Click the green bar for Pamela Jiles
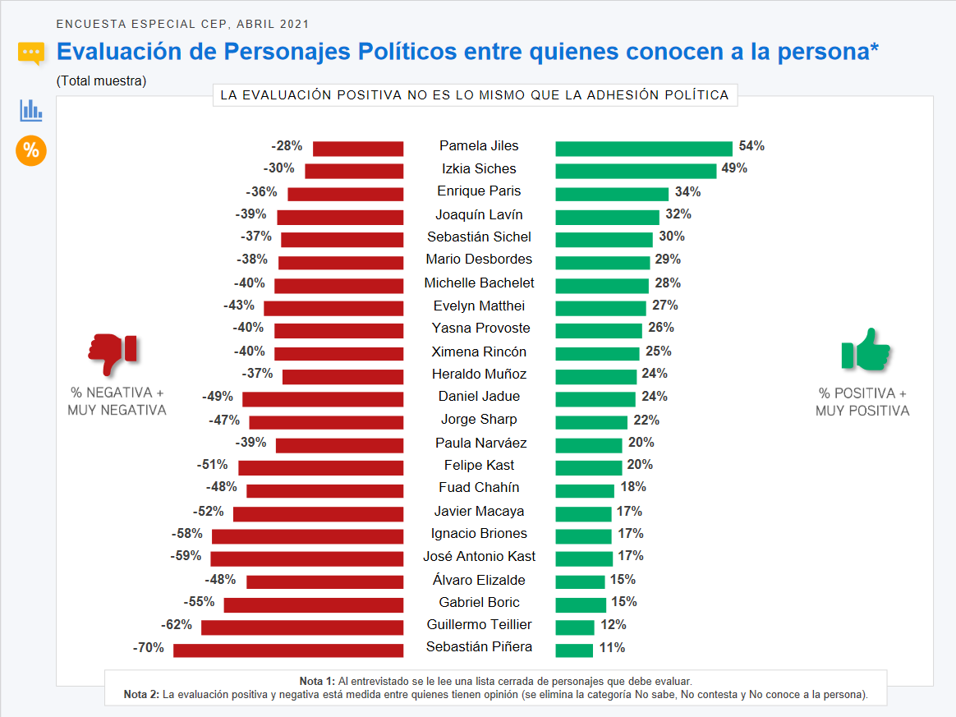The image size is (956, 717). pyautogui.click(x=643, y=149)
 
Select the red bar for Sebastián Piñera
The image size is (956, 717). pyautogui.click(x=288, y=650)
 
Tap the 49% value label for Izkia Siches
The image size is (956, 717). pyautogui.click(x=734, y=168)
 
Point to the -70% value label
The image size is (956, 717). pyautogui.click(x=149, y=648)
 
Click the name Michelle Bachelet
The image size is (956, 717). pyautogui.click(x=479, y=283)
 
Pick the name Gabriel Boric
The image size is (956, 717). pyautogui.click(x=479, y=602)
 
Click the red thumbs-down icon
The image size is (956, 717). pyautogui.click(x=113, y=353)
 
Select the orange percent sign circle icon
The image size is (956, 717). pyautogui.click(x=31, y=150)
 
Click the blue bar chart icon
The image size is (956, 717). pyautogui.click(x=31, y=110)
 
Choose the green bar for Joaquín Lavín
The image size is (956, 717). pyautogui.click(x=607, y=217)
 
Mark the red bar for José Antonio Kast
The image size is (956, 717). pyautogui.click(x=306, y=558)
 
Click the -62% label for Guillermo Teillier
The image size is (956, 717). pyautogui.click(x=177, y=625)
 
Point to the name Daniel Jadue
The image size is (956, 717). pyautogui.click(x=479, y=396)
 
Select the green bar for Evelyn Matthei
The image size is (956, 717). pyautogui.click(x=600, y=308)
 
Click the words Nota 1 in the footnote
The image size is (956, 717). pyautogui.click(x=317, y=682)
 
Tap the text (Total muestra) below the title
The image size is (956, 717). pyautogui.click(x=101, y=81)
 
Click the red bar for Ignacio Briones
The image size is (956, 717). pyautogui.click(x=307, y=536)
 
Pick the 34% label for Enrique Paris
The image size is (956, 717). pyautogui.click(x=688, y=191)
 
